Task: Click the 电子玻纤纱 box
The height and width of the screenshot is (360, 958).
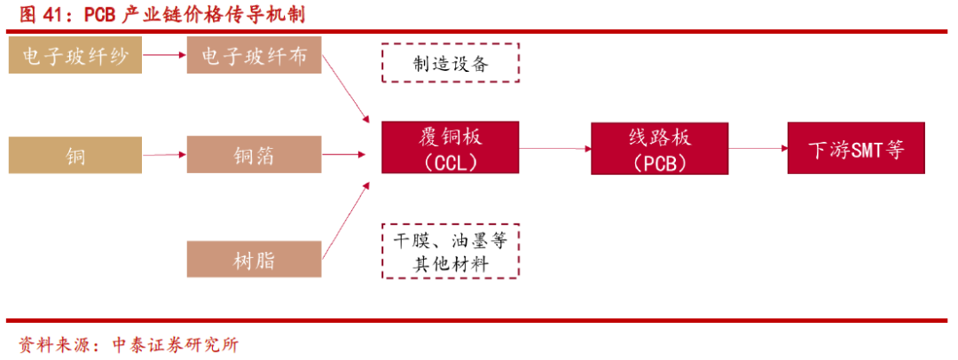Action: (x=75, y=56)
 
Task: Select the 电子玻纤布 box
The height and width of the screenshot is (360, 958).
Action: (x=255, y=56)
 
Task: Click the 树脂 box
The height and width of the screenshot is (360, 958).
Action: (x=255, y=259)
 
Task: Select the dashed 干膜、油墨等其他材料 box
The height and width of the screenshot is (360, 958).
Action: (x=450, y=252)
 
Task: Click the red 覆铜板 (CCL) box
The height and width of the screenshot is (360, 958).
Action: (x=450, y=148)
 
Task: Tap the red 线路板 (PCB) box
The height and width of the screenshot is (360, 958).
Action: (x=660, y=148)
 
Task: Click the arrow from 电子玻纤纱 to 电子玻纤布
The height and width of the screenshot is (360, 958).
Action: (x=164, y=56)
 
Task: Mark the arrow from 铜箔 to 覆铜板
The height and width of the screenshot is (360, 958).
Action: (x=343, y=155)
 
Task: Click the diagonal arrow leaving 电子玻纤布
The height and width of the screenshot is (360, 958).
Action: (x=346, y=89)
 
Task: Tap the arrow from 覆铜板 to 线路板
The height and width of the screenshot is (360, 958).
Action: (x=554, y=148)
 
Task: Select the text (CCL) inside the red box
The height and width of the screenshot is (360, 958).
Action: (x=450, y=163)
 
